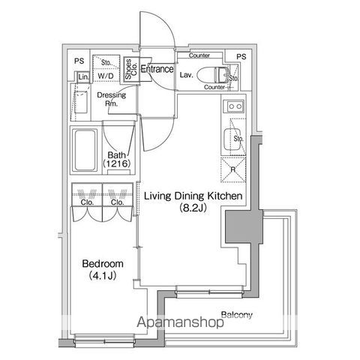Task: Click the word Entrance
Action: (x=157, y=70)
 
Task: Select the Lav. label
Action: (x=187, y=75)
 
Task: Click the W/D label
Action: (x=105, y=76)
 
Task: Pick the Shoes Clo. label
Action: (x=130, y=69)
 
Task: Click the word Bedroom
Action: (x=97, y=265)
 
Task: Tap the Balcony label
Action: (x=236, y=314)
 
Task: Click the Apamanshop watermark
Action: (x=179, y=325)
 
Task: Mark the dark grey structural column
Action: (x=238, y=226)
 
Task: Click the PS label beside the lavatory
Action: (x=241, y=57)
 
